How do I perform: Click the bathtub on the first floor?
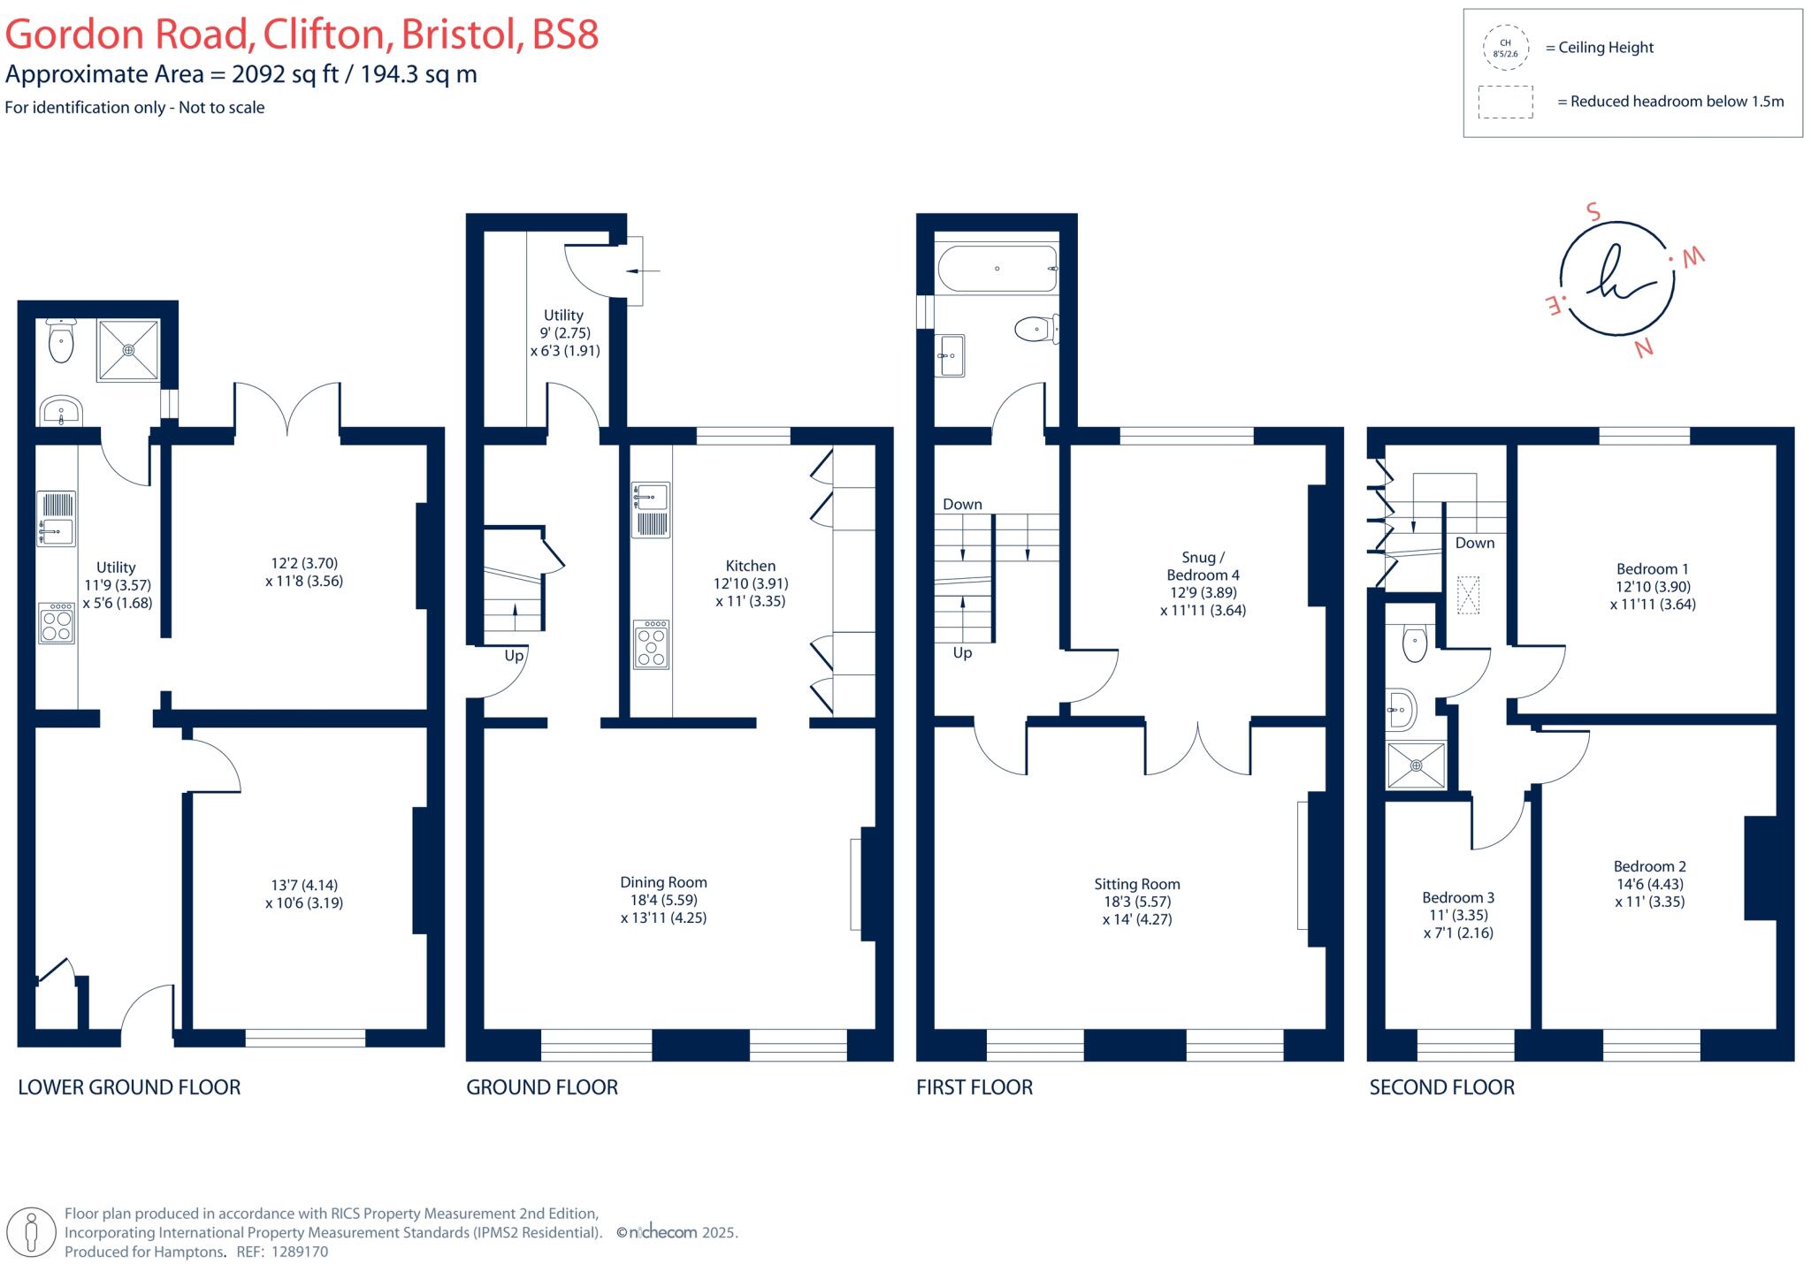[997, 269]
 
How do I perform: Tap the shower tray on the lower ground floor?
[129, 350]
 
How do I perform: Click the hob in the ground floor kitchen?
[651, 644]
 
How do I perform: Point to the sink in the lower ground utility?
[57, 532]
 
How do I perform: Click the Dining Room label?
[663, 882]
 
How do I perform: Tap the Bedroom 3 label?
[1458, 897]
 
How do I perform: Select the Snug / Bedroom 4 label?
[1203, 566]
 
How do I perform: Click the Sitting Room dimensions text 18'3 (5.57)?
[1136, 902]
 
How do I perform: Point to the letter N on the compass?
[1644, 347]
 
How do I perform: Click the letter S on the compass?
[1593, 212]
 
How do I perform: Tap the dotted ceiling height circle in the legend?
[1505, 48]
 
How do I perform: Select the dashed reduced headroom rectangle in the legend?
[1505, 102]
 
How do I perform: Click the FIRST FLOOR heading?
[974, 1087]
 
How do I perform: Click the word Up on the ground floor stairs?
[514, 656]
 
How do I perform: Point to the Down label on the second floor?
[1474, 543]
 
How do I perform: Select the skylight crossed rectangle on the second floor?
[1468, 595]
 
